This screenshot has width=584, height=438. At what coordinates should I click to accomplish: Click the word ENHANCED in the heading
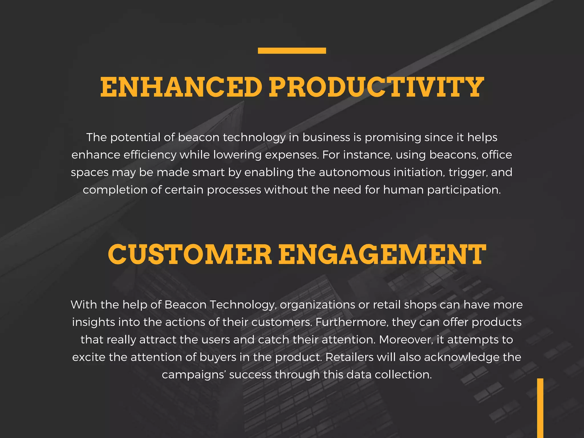pos(181,87)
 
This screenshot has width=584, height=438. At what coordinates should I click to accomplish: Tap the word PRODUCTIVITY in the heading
pos(376,87)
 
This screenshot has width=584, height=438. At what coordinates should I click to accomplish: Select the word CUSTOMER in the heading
pos(190,254)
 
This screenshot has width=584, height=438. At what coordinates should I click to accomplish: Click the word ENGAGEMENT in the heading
pos(382,254)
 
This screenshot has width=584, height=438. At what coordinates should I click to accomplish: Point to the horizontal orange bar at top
pos(292,51)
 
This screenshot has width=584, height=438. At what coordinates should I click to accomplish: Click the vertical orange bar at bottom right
pos(540,408)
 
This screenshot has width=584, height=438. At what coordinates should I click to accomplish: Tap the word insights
pos(94,323)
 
